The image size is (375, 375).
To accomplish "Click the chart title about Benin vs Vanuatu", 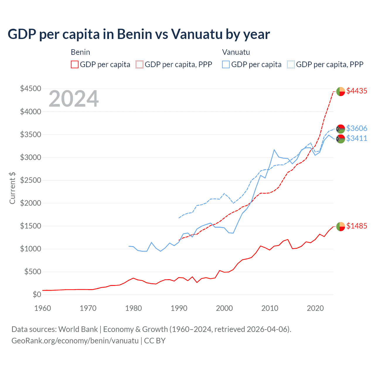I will tap(139, 34).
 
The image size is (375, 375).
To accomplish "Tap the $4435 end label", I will tap(357, 91).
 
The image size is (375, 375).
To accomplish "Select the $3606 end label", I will tap(357, 128).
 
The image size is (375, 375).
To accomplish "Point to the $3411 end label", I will tap(357, 138).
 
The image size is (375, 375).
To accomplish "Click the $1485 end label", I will tap(357, 226).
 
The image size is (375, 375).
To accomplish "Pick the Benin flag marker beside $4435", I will tap(340, 91).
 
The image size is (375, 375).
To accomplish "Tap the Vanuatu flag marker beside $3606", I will tap(340, 129).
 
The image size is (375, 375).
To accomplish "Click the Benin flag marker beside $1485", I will tap(340, 226).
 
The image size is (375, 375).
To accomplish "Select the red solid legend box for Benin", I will tap(75, 64).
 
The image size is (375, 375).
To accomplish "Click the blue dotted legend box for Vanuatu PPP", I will tap(291, 64).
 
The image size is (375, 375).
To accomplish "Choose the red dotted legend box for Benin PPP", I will tap(140, 64).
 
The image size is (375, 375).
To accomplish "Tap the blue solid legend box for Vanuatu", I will tap(226, 64).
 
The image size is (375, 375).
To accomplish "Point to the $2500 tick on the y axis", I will tap(30, 180).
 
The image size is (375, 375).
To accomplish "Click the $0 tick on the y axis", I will tap(37, 294).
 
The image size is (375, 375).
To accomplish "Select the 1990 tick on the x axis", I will tap(179, 308).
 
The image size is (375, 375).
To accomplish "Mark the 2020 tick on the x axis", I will tap(315, 308).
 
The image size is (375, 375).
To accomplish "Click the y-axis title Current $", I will tap(12, 188).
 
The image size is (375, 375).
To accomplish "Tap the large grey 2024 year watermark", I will tap(74, 99).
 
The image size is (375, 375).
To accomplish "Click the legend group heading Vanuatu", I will tap(236, 52).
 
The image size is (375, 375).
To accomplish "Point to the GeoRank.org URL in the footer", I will tap(75, 341).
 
